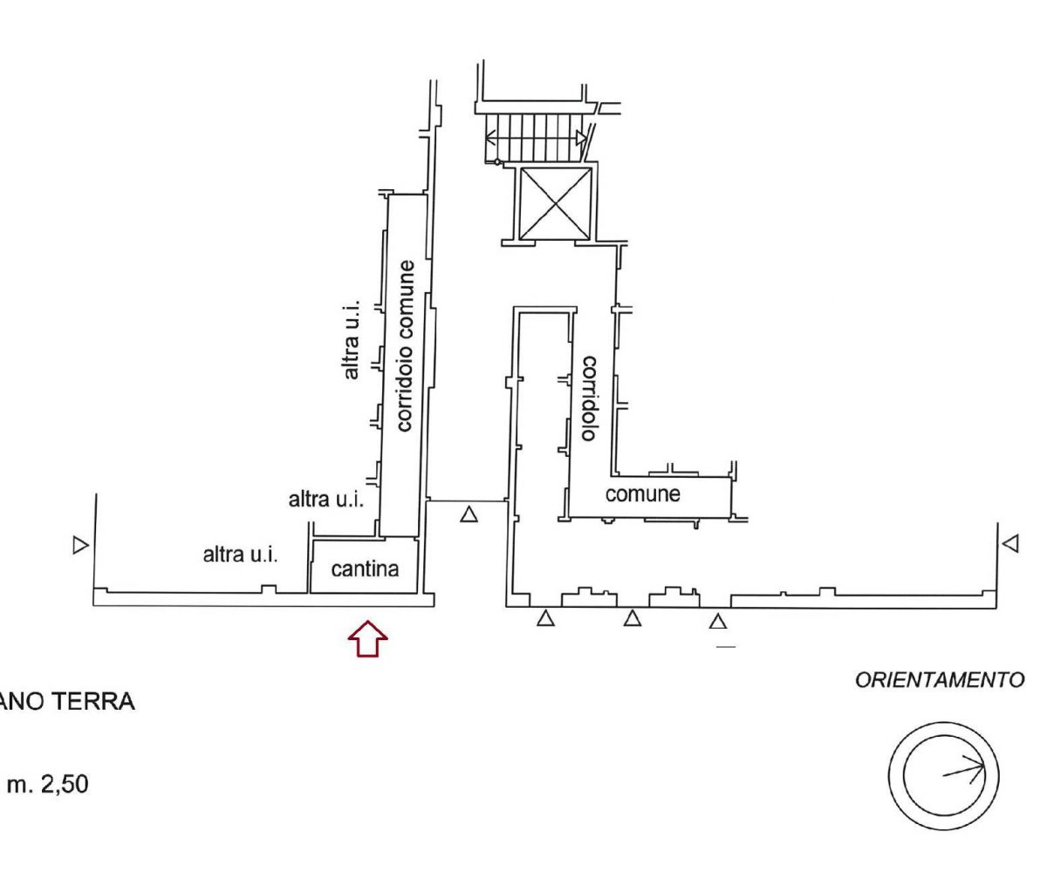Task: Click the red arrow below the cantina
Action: pos(367,638)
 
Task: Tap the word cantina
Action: pos(365,569)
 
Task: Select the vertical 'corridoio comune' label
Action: pos(405,345)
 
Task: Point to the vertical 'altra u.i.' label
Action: pos(352,339)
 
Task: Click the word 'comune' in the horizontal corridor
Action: pos(643,494)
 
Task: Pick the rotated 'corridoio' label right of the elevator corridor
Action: pos(589,398)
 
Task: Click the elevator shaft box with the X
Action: pos(556,203)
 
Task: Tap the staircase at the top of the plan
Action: pos(535,138)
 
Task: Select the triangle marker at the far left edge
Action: pos(80,545)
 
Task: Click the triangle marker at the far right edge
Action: pos(1010,543)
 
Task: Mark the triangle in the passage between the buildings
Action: pos(469,514)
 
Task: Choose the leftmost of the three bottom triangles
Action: pos(545,619)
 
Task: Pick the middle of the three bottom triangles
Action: pos(633,619)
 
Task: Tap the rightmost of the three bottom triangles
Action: pos(718,622)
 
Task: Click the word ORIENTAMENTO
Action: pos(940,680)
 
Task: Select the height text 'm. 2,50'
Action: pos(47,785)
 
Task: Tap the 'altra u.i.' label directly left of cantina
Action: pos(241,555)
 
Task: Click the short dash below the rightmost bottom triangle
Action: pos(725,647)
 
